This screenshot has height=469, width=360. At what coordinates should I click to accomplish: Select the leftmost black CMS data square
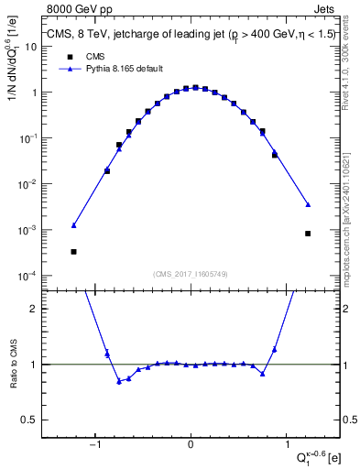[73, 251]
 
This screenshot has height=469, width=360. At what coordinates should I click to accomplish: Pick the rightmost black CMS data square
[308, 234]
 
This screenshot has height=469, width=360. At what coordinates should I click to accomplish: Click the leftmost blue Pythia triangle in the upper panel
[73, 225]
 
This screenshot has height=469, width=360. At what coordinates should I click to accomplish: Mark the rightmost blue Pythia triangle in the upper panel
[308, 204]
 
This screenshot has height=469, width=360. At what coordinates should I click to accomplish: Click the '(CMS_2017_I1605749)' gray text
[191, 274]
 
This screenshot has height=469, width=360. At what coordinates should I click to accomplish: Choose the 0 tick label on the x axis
[190, 445]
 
